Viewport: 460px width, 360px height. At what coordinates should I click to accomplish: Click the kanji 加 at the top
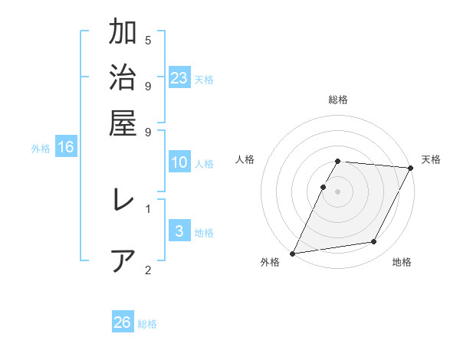tap(123, 34)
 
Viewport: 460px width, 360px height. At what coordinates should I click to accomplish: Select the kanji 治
tap(123, 79)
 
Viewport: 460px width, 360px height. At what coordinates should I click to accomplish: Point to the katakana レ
tap(123, 201)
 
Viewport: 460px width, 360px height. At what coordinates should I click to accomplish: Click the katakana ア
tap(123, 261)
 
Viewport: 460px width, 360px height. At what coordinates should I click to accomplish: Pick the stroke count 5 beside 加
tap(148, 40)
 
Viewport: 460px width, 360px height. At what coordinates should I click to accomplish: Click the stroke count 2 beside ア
tap(148, 269)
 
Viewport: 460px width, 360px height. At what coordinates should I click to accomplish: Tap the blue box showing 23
tap(179, 77)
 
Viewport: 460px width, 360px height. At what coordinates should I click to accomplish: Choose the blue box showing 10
tap(179, 162)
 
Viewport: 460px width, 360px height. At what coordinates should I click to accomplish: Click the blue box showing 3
tap(179, 231)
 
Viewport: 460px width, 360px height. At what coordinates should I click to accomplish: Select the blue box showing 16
tap(66, 147)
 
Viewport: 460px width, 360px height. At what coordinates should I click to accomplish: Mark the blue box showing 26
tap(123, 322)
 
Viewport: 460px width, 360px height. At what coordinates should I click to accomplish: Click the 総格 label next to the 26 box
tap(147, 323)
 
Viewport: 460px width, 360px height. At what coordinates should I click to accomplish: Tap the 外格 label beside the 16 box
tap(41, 149)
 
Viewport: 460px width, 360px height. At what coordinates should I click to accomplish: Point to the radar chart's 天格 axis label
tap(431, 159)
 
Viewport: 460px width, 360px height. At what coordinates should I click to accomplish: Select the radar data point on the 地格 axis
tap(374, 242)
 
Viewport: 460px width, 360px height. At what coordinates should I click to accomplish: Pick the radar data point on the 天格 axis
tap(411, 168)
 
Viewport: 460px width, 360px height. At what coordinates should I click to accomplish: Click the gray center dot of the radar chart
tap(337, 191)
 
